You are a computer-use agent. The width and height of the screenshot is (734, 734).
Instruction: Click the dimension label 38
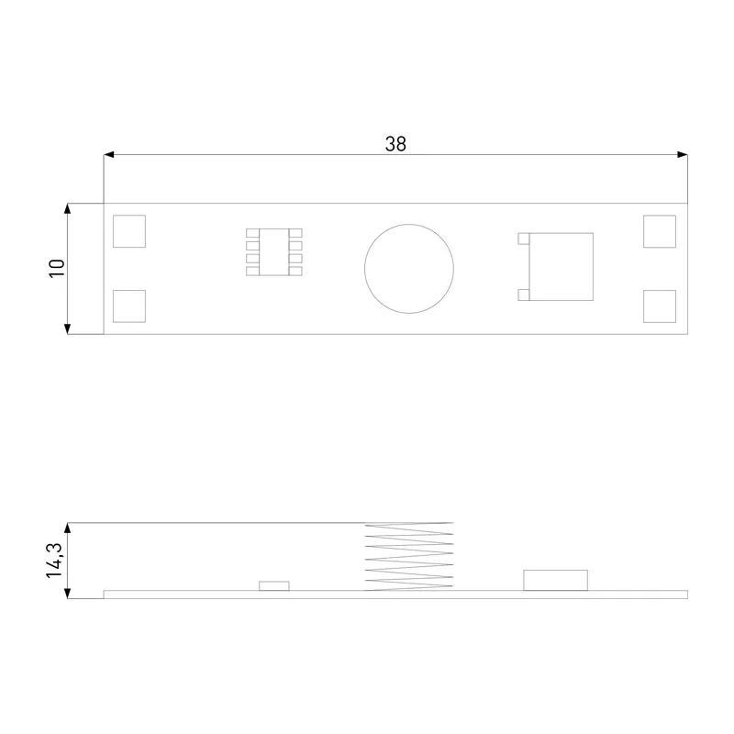pyautogui.click(x=395, y=144)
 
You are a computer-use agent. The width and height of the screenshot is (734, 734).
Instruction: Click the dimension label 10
pyautogui.click(x=57, y=268)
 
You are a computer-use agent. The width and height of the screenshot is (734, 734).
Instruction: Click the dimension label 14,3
pyautogui.click(x=54, y=561)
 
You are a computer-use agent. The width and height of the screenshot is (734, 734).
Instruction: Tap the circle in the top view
pyautogui.click(x=364, y=269)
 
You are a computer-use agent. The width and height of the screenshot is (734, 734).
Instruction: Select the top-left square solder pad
pyautogui.click(x=129, y=231)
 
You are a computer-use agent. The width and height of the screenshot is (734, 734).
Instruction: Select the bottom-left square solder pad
pyautogui.click(x=129, y=306)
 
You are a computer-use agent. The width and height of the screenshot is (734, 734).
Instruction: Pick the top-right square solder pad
pyautogui.click(x=660, y=231)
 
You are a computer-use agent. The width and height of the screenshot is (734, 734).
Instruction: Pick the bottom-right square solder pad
pyautogui.click(x=660, y=306)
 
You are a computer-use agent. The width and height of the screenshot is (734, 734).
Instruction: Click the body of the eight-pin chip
pyautogui.click(x=273, y=251)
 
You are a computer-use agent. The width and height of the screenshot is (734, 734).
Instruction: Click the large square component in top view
pyautogui.click(x=562, y=267)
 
